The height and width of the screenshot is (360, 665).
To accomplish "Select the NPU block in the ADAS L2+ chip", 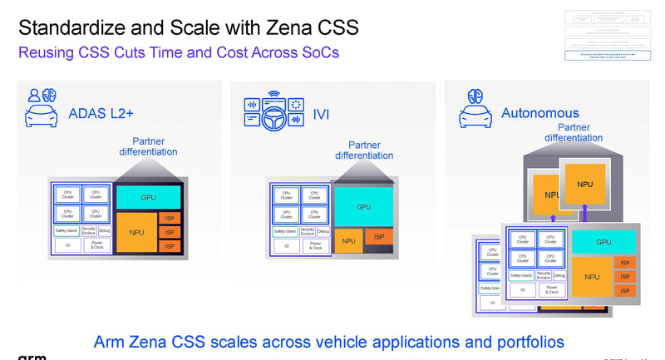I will (136, 233).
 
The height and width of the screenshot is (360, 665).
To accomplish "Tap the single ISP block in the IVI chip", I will (379, 237).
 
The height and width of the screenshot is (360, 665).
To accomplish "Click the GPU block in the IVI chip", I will (363, 207).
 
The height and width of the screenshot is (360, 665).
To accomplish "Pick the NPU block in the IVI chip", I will (348, 242).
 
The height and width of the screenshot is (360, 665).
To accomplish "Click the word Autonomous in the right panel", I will (539, 113).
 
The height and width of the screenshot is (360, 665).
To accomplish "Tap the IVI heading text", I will (321, 114).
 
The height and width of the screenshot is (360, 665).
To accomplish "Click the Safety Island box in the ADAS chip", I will (66, 231).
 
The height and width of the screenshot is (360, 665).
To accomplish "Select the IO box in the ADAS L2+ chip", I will (67, 246).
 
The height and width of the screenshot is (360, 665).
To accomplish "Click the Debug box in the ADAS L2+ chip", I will (104, 231).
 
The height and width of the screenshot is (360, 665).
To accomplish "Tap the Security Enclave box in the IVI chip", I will (308, 231).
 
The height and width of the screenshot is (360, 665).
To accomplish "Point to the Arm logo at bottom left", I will (31, 356).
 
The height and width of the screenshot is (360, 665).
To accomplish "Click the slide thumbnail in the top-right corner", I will (608, 34).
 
